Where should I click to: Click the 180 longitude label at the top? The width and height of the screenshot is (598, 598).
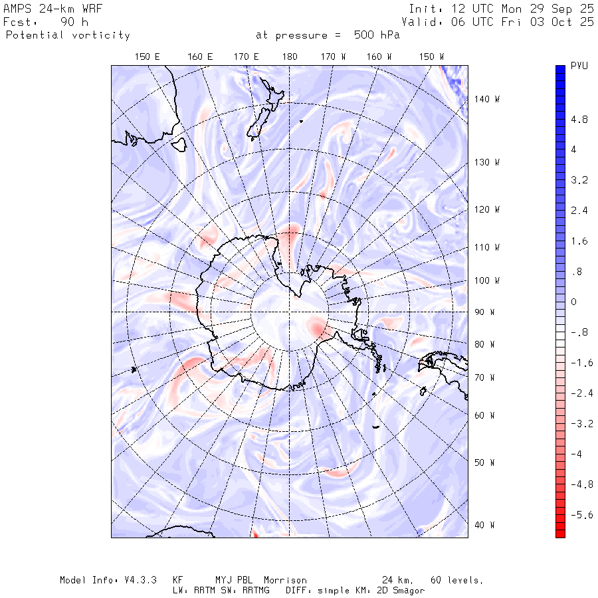click(289, 57)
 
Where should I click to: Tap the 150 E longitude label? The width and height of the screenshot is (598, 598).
click(147, 57)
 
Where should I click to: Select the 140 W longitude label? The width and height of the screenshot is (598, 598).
click(487, 99)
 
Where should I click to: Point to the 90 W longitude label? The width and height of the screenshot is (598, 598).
click(487, 312)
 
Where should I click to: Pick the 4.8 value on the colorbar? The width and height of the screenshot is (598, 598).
click(579, 120)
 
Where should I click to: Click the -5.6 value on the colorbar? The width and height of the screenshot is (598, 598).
click(582, 515)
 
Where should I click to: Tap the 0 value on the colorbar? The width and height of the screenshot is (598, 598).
click(574, 302)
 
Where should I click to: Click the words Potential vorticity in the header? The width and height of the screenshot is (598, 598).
click(68, 35)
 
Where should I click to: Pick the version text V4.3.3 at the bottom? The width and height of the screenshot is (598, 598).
click(142, 580)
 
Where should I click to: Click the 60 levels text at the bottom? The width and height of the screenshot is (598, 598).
click(457, 580)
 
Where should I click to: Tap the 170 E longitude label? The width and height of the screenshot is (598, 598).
click(246, 57)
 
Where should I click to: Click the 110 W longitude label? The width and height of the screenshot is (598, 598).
click(487, 247)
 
